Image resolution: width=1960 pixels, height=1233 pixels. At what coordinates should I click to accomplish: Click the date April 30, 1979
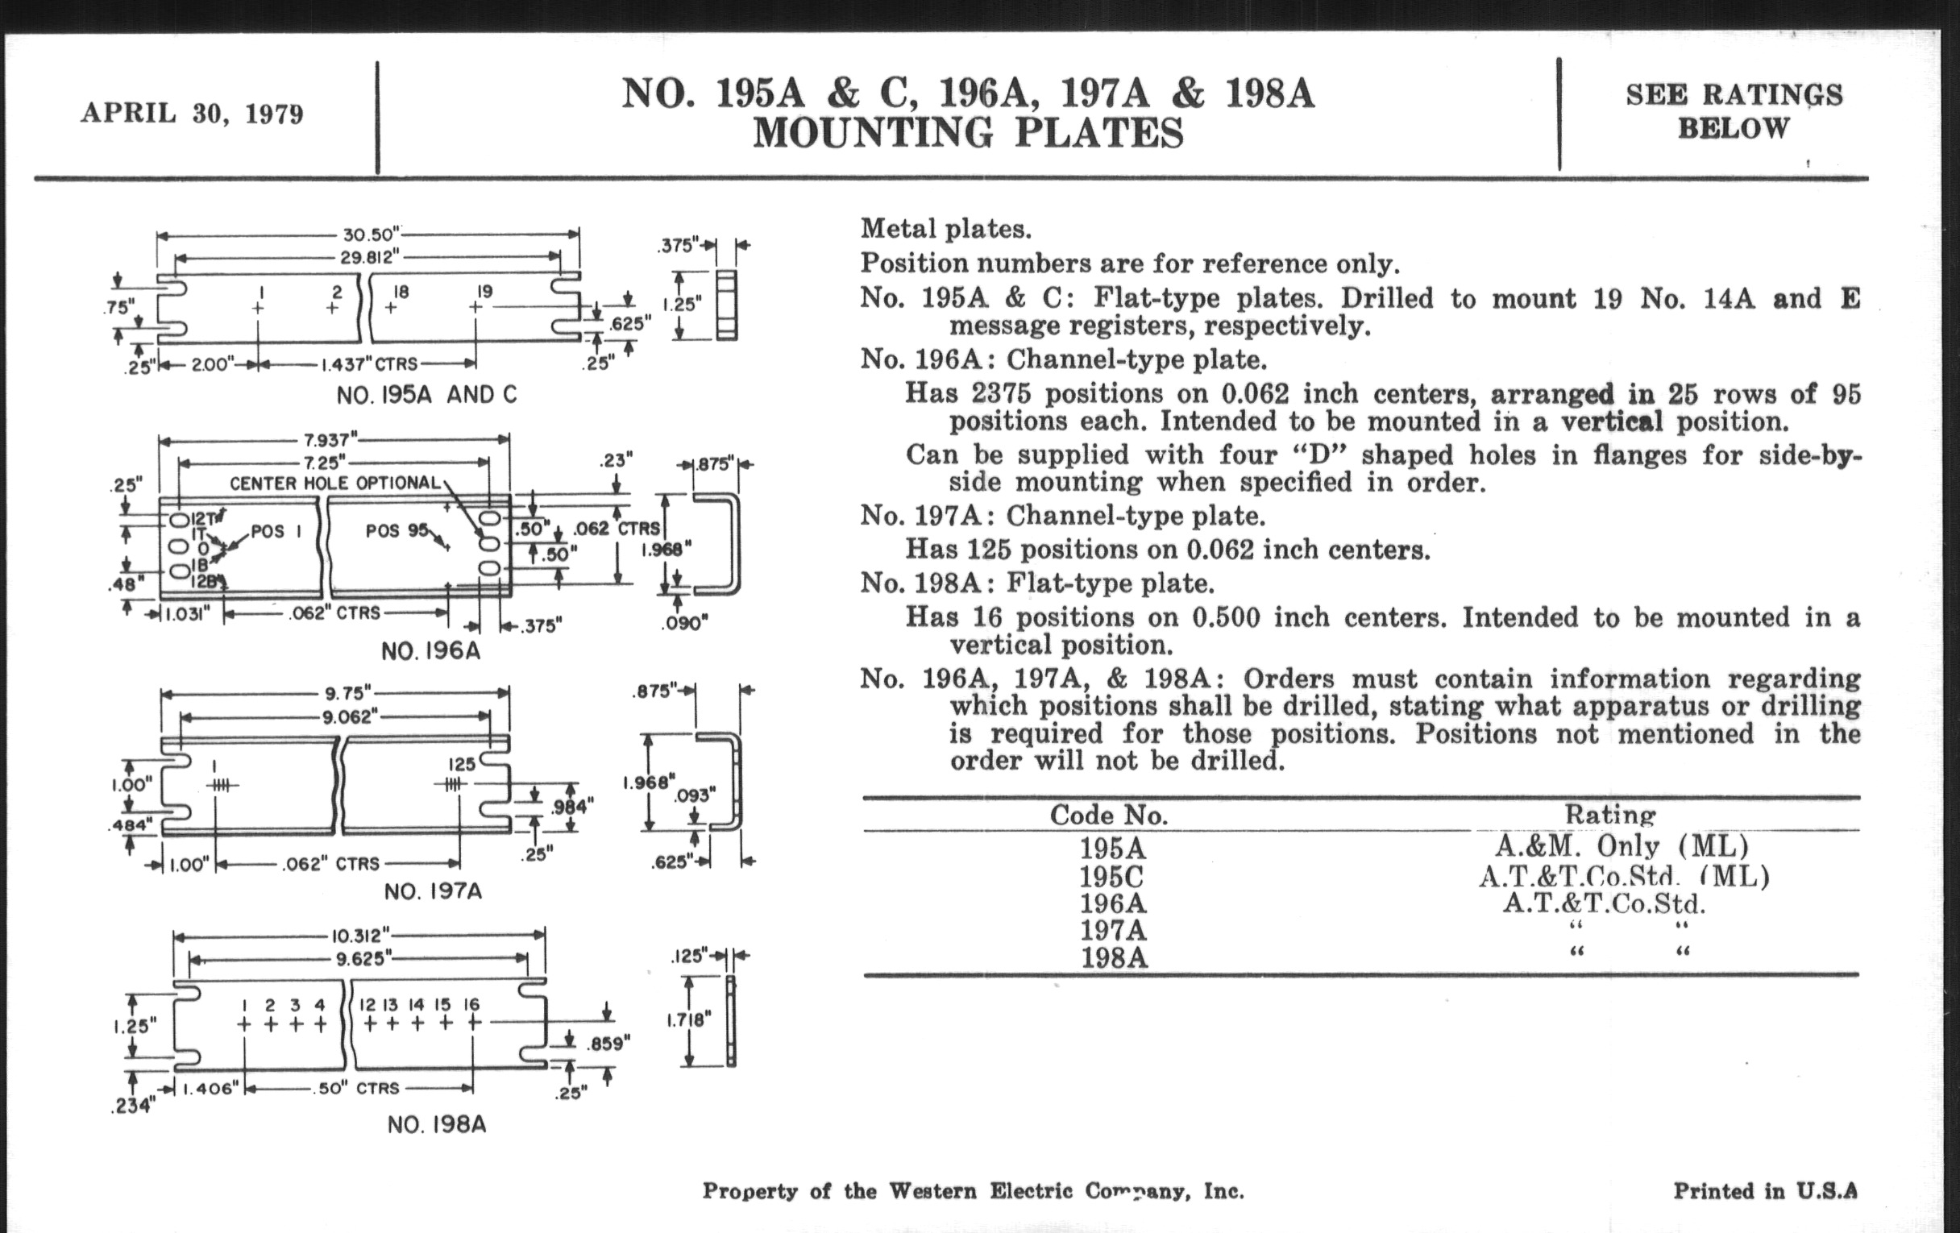click(x=192, y=113)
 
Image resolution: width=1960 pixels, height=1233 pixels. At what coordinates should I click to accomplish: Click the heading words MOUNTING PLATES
click(x=968, y=134)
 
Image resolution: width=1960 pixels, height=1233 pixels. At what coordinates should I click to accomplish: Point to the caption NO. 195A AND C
click(x=426, y=395)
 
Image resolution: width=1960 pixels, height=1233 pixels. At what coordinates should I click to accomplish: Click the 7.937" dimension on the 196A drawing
click(x=330, y=440)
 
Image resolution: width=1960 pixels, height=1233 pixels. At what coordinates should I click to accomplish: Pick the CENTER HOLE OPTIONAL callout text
click(x=334, y=483)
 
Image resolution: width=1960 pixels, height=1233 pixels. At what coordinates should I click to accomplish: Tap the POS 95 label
click(x=397, y=529)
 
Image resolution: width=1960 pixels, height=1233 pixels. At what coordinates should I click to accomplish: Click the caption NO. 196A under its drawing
click(x=430, y=651)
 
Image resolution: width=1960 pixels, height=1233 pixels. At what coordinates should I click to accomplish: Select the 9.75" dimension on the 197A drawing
click(x=348, y=693)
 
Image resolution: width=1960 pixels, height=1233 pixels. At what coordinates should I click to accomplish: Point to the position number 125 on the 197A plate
click(x=462, y=764)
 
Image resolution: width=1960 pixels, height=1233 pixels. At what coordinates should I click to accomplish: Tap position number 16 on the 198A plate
click(x=471, y=1004)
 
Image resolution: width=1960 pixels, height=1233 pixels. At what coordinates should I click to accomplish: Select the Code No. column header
click(x=1109, y=815)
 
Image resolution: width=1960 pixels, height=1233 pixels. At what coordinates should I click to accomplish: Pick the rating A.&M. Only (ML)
click(x=1621, y=846)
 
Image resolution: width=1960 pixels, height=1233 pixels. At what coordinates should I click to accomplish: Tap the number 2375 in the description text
click(x=1000, y=394)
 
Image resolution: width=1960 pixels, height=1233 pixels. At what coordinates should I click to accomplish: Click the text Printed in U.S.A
click(x=1765, y=1190)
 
